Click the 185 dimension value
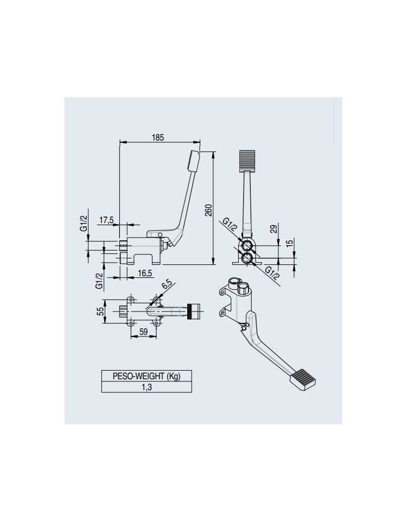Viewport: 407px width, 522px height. (158, 137)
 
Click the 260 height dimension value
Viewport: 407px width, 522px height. (208, 211)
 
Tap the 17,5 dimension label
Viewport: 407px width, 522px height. (106, 220)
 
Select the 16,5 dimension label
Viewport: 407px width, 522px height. (145, 273)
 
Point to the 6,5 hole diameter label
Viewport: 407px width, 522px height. (167, 285)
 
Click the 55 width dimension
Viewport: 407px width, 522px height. (100, 311)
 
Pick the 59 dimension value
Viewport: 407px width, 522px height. (143, 332)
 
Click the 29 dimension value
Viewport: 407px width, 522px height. (274, 229)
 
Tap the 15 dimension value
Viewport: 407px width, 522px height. (290, 243)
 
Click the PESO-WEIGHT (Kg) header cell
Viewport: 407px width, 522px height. (147, 376)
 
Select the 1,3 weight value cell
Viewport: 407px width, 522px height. (147, 387)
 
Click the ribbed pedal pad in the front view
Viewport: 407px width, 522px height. (247, 161)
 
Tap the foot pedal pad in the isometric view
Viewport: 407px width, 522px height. (303, 379)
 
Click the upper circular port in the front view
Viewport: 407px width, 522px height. (247, 246)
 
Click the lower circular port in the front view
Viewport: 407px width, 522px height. (247, 258)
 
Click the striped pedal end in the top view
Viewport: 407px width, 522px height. (194, 311)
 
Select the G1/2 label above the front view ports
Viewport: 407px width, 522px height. (230, 225)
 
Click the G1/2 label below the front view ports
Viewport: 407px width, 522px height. (272, 273)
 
